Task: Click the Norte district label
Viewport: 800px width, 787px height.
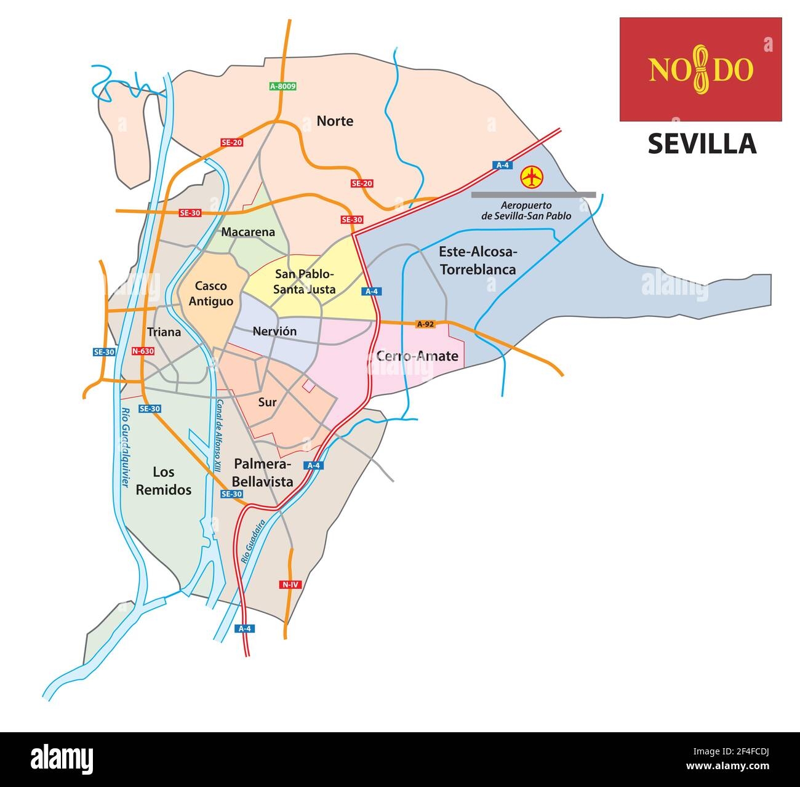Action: point(335,121)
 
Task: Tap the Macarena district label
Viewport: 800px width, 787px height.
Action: point(247,232)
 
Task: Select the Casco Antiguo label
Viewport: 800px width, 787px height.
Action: point(210,294)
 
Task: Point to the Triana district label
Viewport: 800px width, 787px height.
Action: point(164,332)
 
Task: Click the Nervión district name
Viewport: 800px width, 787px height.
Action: point(274,332)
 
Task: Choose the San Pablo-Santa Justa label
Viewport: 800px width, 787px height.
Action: point(305,281)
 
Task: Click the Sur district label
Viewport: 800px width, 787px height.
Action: point(267,402)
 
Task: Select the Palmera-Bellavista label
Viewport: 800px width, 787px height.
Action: point(263,473)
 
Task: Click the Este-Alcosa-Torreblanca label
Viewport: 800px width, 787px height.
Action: point(478,260)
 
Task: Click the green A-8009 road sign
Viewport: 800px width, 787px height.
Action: point(283,87)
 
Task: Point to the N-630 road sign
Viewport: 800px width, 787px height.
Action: point(143,351)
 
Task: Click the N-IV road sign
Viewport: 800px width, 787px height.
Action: point(289,584)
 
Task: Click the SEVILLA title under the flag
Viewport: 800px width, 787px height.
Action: point(702,144)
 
